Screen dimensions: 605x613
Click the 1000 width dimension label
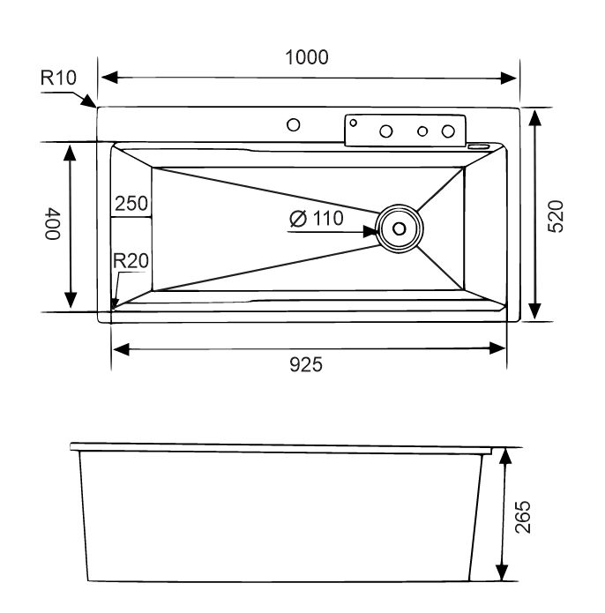(x=307, y=57)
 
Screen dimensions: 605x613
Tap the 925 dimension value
(x=306, y=365)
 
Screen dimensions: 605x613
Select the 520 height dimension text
(x=556, y=217)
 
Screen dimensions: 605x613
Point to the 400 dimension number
(x=52, y=224)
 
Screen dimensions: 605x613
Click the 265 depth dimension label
(x=522, y=517)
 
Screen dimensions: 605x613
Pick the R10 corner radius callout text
(x=58, y=78)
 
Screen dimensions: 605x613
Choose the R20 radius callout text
(x=131, y=261)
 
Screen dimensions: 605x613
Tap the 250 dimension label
(x=131, y=203)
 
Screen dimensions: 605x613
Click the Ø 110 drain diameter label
(x=317, y=218)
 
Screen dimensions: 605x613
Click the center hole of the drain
(x=399, y=228)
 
